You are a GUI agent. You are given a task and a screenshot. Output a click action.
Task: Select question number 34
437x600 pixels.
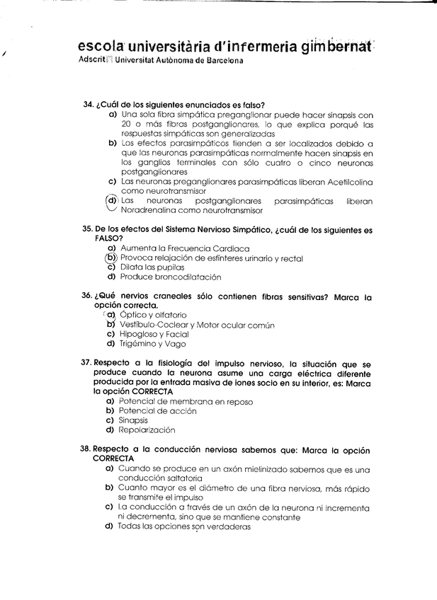(x=89, y=105)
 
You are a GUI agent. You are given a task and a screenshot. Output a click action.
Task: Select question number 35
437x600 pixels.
(x=89, y=230)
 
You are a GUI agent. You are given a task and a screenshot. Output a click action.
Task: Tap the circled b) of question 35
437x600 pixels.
(x=111, y=258)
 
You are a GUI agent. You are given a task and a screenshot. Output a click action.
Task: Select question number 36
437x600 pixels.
(x=89, y=296)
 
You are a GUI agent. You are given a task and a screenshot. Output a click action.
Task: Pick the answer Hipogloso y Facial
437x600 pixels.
(x=154, y=334)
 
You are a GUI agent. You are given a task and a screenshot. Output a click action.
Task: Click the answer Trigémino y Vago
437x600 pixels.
(x=153, y=344)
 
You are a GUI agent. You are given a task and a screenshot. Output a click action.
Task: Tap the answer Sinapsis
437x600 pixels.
(x=133, y=420)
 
